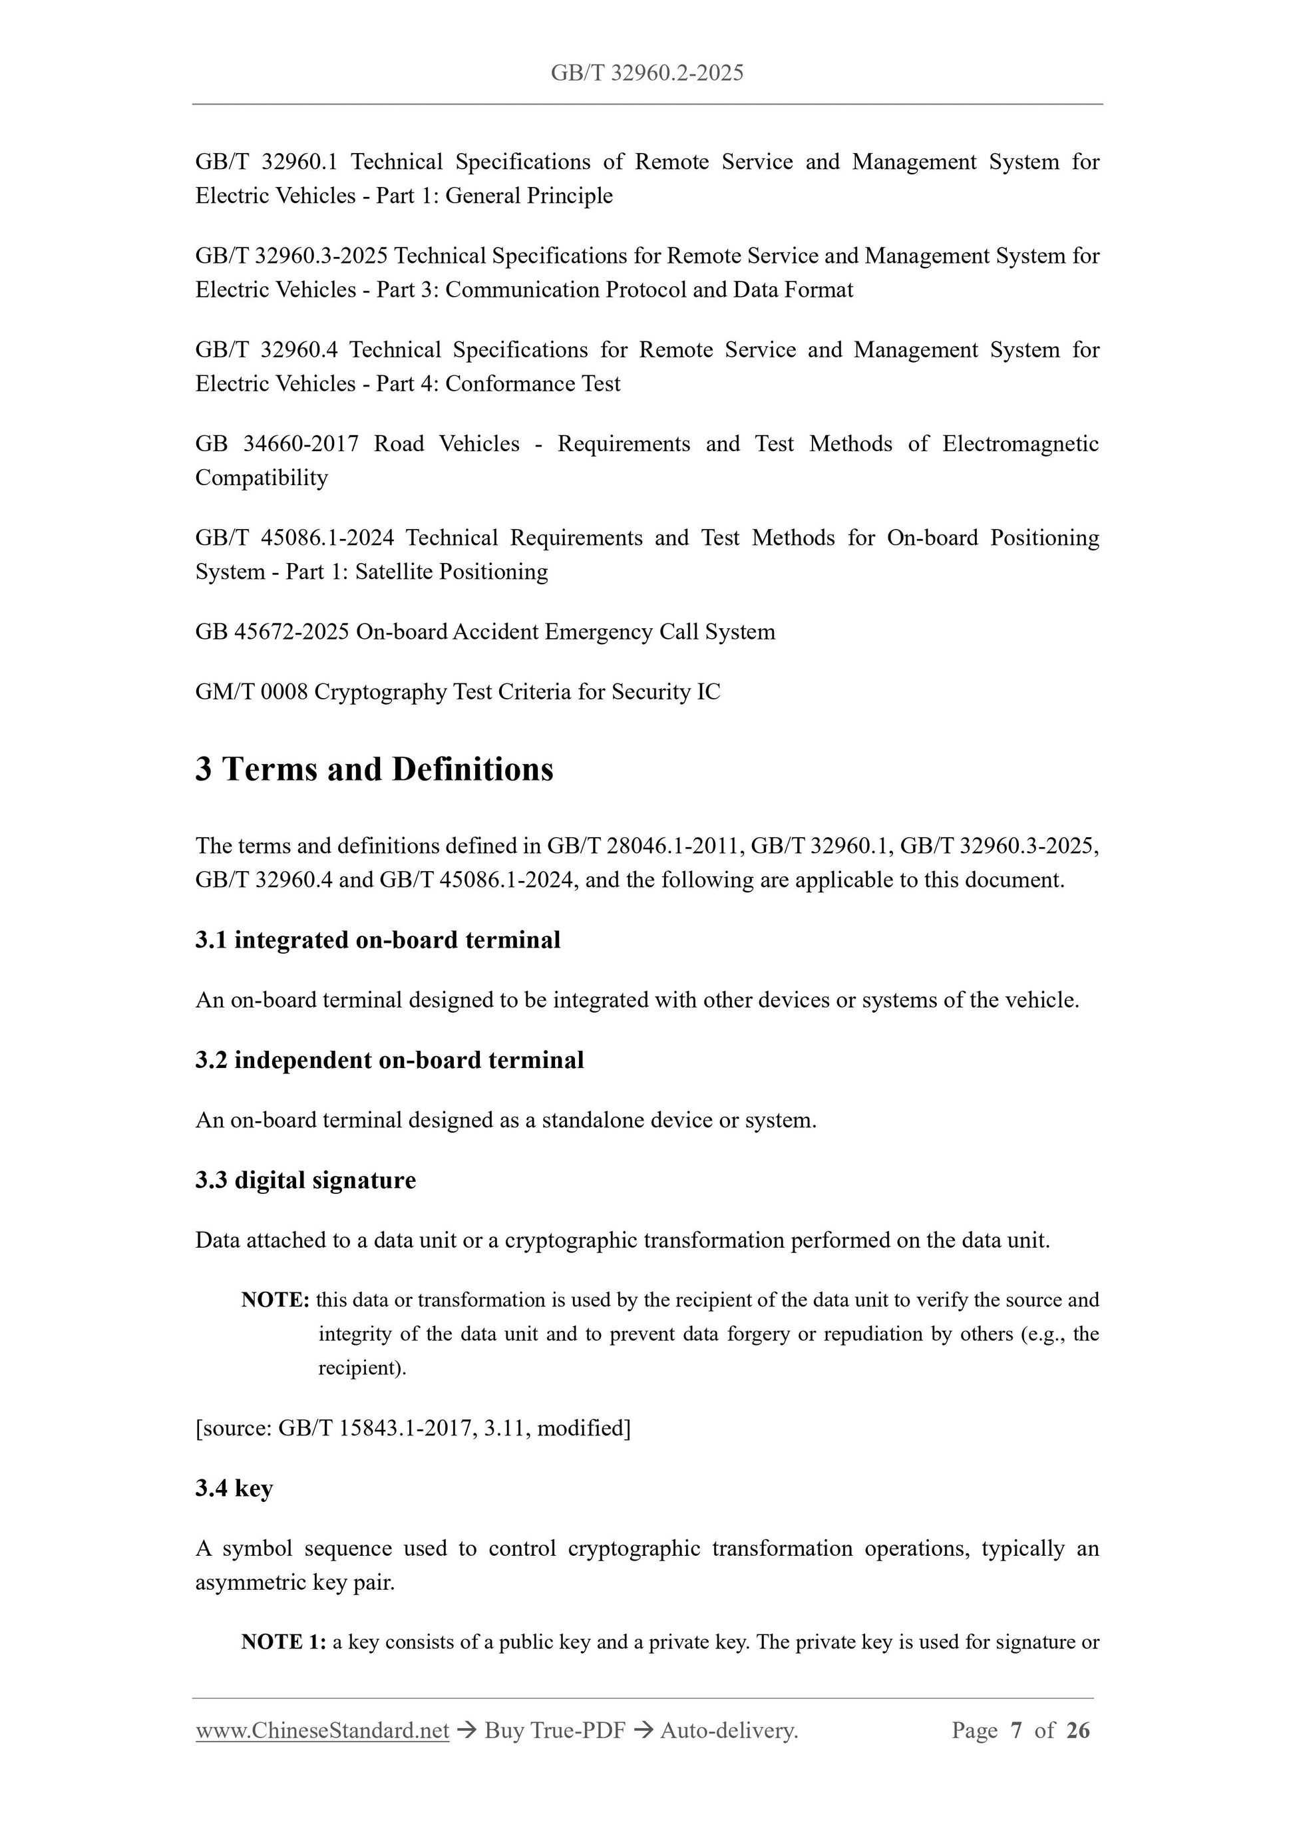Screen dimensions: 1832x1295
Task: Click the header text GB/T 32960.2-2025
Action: click(x=647, y=73)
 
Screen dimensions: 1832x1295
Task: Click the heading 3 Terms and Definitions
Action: click(x=374, y=769)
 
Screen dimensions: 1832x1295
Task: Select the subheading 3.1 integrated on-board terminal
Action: click(x=377, y=940)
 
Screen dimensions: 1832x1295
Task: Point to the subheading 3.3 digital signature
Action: click(x=305, y=1180)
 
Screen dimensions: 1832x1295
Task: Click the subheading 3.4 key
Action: click(x=234, y=1488)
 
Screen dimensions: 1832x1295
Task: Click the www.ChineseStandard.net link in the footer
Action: click(x=322, y=1730)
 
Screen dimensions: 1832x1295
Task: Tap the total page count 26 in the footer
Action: click(x=1077, y=1730)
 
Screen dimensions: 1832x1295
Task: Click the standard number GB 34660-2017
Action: click(x=277, y=444)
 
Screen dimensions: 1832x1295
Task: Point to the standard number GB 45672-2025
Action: click(x=272, y=632)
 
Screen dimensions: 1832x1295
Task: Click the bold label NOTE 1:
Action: click(x=283, y=1641)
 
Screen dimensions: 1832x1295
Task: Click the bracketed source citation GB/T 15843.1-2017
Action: click(x=377, y=1427)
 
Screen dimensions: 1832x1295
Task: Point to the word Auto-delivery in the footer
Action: click(x=729, y=1730)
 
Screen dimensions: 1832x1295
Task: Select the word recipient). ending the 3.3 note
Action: click(x=362, y=1368)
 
